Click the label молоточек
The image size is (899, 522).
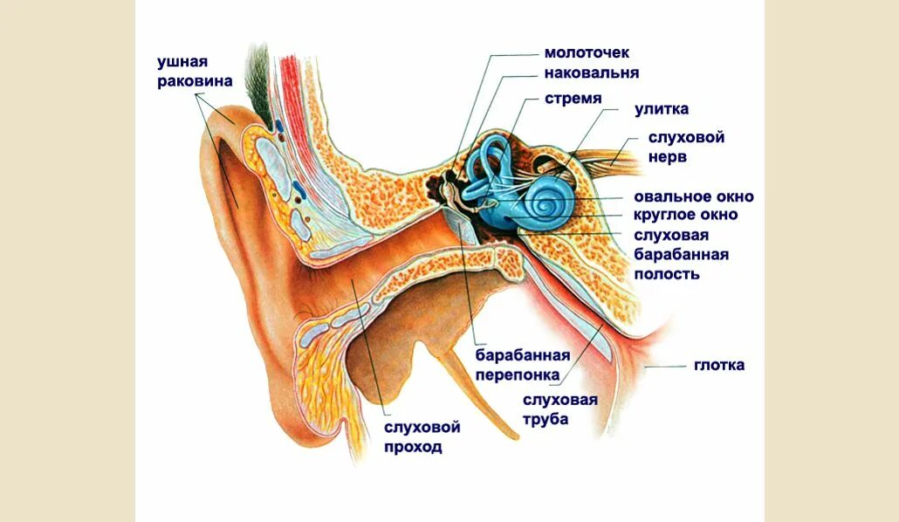pyautogui.click(x=586, y=54)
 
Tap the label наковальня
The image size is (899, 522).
pyautogui.click(x=592, y=73)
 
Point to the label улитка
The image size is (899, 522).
pyautogui.click(x=662, y=109)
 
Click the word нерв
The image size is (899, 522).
pyautogui.click(x=667, y=157)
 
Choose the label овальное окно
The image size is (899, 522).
pyautogui.click(x=695, y=196)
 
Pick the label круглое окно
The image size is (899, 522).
pyautogui.click(x=685, y=215)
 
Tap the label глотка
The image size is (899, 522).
pyautogui.click(x=719, y=365)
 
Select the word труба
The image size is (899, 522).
pyautogui.click(x=546, y=420)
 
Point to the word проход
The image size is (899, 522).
pyautogui.click(x=413, y=448)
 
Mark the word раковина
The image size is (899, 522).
pyautogui.click(x=195, y=81)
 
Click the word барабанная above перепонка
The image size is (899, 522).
pyautogui.click(x=522, y=355)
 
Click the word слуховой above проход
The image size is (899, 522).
pyautogui.click(x=422, y=428)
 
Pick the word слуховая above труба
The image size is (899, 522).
pyautogui.click(x=559, y=400)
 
